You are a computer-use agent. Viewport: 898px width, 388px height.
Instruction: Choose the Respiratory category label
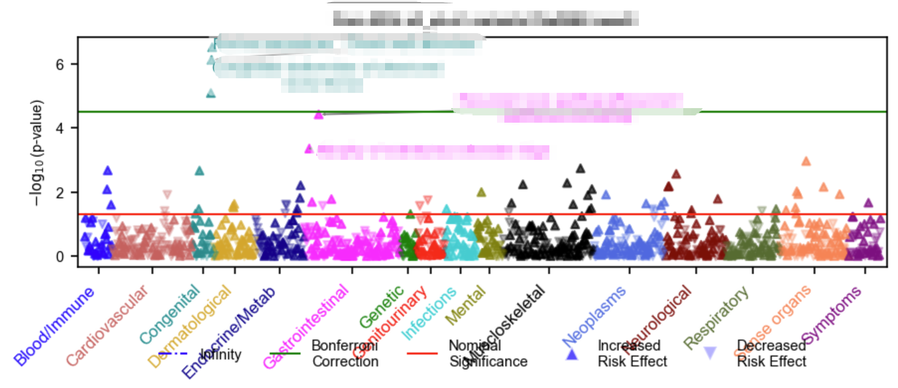click(717, 318)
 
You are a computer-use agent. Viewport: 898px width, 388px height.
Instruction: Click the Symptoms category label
click(832, 317)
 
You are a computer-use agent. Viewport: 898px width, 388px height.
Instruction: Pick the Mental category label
click(466, 305)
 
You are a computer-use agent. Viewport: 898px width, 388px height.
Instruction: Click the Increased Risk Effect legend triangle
click(571, 354)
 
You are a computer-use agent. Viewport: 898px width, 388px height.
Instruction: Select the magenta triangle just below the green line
click(319, 115)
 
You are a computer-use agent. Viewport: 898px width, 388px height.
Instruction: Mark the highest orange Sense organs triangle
click(806, 161)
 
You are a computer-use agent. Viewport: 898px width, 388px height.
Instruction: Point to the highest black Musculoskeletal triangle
click(581, 168)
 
